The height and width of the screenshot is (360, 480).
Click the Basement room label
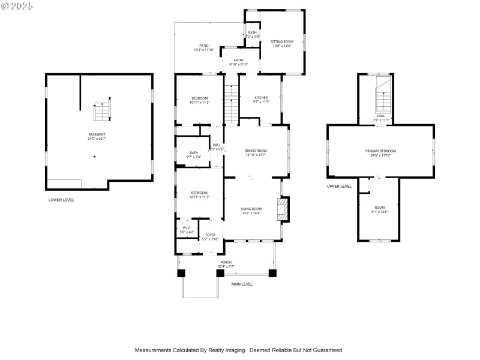97,134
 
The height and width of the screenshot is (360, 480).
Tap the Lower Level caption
61,200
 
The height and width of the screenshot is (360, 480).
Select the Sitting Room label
281,42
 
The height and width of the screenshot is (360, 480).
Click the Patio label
204,46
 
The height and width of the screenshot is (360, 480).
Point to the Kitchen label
261,98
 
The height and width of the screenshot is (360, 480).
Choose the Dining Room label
256,151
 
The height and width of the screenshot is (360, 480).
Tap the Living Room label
251,209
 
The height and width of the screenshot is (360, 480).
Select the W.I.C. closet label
187,228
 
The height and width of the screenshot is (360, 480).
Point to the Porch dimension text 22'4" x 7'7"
226,266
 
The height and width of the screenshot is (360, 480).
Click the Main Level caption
242,284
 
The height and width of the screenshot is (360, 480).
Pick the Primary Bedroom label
380,151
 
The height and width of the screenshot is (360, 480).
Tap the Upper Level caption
339,187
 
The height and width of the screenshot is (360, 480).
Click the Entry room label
230,60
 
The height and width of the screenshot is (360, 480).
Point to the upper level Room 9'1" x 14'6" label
380,208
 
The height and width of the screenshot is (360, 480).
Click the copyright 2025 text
17,5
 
